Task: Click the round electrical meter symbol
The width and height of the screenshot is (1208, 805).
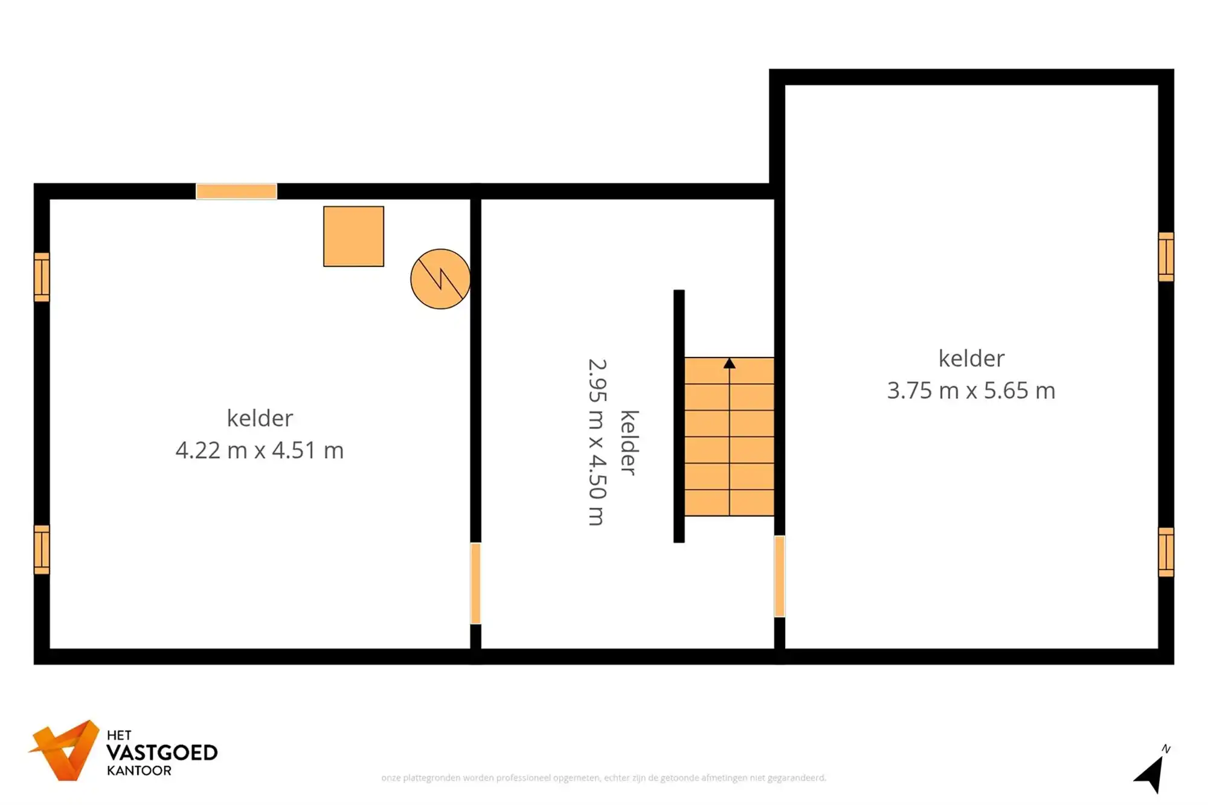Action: tap(440, 279)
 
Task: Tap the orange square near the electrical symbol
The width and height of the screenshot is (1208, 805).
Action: tap(353, 236)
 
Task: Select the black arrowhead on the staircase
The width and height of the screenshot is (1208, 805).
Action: tap(730, 364)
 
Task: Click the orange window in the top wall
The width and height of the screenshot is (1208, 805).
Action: tap(236, 191)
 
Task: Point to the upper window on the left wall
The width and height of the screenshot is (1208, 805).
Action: tap(42, 277)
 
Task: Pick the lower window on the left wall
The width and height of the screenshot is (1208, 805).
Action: tap(42, 550)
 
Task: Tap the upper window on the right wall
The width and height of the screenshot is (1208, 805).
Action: tap(1166, 257)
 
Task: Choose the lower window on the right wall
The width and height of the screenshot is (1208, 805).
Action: tap(1166, 552)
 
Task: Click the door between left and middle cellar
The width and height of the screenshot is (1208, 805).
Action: tap(476, 583)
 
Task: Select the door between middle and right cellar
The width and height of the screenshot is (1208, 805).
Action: tap(780, 576)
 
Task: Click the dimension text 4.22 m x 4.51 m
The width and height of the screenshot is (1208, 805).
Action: tap(260, 451)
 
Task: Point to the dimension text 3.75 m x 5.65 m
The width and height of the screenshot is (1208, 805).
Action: tap(971, 391)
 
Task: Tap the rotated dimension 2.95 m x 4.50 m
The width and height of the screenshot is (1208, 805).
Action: tap(597, 442)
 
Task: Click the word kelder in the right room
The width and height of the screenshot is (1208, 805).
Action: tap(971, 359)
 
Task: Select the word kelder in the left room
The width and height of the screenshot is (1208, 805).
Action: tap(260, 418)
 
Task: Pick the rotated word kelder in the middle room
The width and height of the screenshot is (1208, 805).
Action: tap(629, 443)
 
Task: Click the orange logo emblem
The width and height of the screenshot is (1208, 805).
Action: tap(65, 750)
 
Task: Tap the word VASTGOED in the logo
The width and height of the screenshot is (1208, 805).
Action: tap(162, 753)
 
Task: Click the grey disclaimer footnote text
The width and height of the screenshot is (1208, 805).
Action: tap(603, 778)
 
